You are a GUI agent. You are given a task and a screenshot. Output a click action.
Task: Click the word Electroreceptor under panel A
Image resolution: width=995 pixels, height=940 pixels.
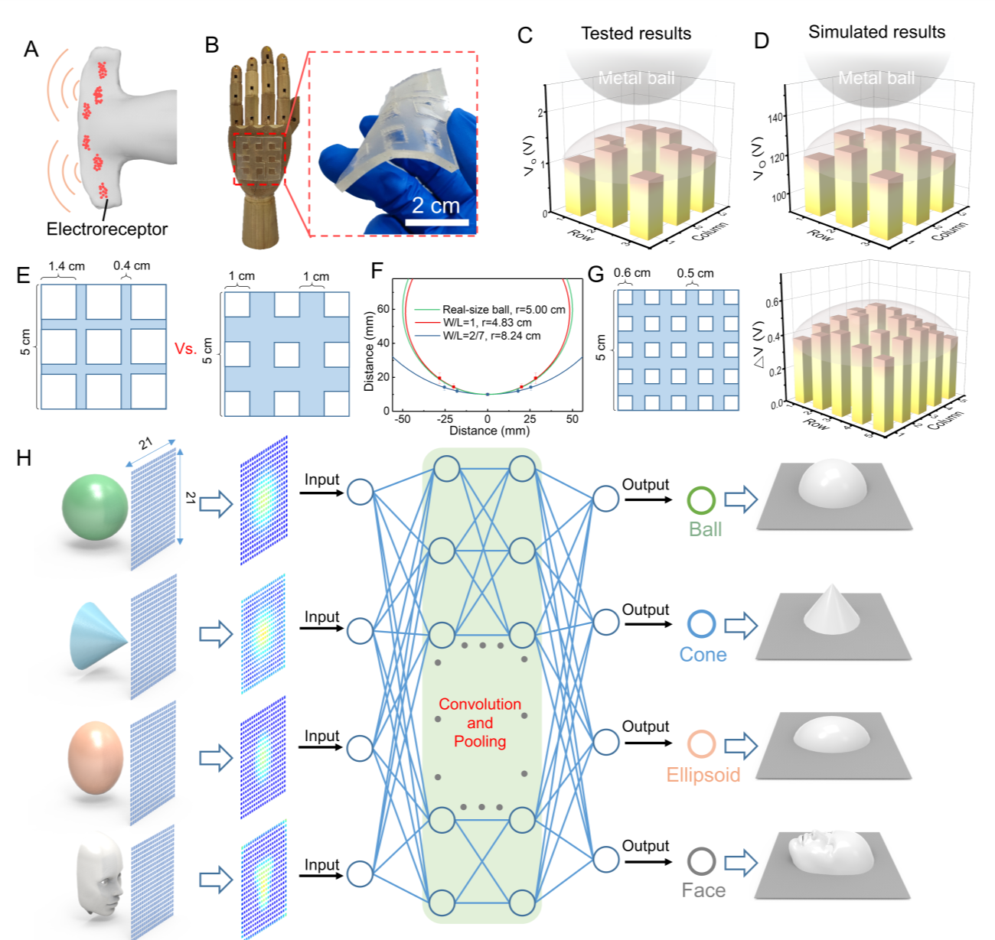click(106, 229)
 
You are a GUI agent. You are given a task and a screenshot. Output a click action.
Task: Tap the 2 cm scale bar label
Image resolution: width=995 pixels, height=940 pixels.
click(436, 206)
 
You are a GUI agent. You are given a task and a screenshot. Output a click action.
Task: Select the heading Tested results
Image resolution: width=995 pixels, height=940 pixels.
click(635, 34)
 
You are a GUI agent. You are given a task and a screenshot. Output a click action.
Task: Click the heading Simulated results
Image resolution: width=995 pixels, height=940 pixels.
click(876, 32)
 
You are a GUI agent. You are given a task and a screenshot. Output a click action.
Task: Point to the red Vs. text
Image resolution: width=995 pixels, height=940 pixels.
click(186, 349)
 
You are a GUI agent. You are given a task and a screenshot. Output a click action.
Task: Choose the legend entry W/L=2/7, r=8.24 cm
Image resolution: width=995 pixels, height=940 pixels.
click(491, 336)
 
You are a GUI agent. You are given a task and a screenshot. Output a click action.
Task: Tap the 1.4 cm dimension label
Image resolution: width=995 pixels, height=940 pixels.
click(67, 266)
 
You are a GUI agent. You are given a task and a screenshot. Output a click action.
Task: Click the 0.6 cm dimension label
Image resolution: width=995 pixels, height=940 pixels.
click(632, 272)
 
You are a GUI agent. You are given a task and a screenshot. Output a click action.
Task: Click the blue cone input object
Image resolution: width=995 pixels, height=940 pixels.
click(98, 636)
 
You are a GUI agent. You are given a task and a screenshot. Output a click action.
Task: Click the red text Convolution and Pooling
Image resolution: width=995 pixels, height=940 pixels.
click(480, 723)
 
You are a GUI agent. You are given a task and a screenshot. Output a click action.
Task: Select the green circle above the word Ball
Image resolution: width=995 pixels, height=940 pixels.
click(701, 500)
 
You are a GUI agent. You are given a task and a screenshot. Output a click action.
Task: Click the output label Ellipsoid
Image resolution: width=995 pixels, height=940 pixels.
click(703, 775)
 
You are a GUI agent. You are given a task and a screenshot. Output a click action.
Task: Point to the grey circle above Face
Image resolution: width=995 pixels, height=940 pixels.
click(701, 861)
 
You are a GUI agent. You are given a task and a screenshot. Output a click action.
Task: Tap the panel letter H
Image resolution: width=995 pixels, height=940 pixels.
click(24, 457)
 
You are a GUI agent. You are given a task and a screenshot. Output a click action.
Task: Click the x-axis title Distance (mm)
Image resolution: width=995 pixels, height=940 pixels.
click(488, 431)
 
